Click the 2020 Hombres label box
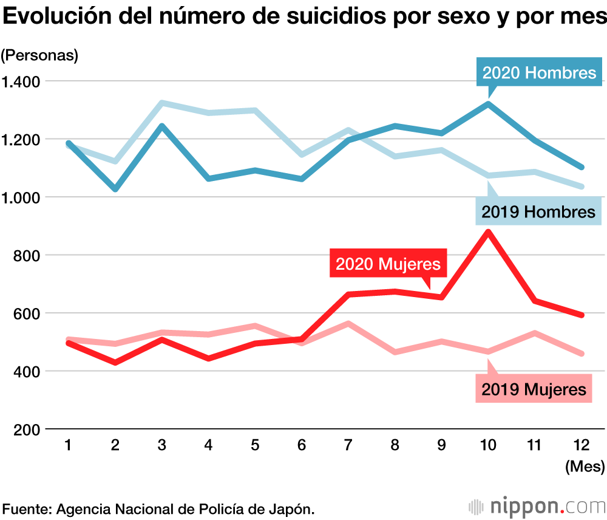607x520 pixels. tap(539, 73)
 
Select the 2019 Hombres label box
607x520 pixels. tap(538, 211)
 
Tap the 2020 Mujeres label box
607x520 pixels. tap(388, 264)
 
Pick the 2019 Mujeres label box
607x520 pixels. tap(534, 389)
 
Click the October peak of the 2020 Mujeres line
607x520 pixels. tap(487, 231)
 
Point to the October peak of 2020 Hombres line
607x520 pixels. tap(487, 104)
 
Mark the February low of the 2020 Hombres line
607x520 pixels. tap(115, 189)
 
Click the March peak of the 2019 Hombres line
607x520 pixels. tap(162, 103)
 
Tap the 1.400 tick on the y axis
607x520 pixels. tap(21, 81)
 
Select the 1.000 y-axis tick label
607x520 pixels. tap(21, 197)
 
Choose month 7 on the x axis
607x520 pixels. tap(348, 445)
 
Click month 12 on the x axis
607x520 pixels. tap(580, 445)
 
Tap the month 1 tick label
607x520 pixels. tap(69, 445)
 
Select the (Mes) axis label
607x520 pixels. tap(585, 467)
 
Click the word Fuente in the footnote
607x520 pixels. tap(26, 508)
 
